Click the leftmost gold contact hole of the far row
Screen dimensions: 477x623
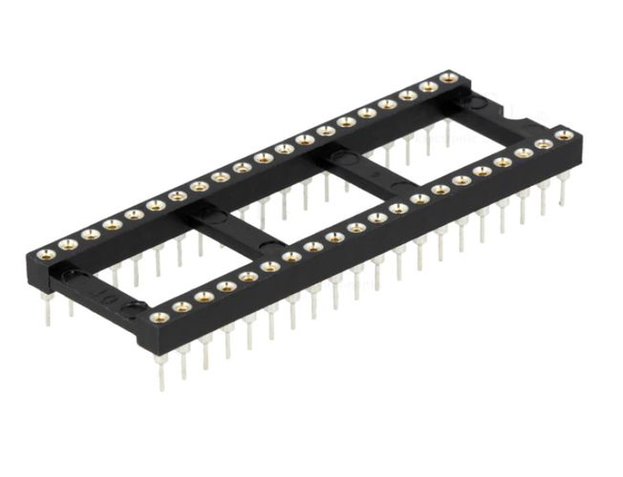[46, 254]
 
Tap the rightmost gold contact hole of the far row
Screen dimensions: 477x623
[449, 76]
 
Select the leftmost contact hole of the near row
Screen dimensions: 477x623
[160, 317]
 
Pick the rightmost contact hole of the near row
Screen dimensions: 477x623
[565, 135]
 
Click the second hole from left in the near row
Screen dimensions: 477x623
[182, 307]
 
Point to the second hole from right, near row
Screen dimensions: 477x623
[544, 144]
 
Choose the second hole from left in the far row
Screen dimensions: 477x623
[68, 244]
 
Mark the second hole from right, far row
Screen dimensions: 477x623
[428, 86]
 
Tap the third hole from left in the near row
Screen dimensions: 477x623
[204, 297]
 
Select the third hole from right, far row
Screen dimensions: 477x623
[408, 94]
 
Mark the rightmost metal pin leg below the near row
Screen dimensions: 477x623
[564, 191]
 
